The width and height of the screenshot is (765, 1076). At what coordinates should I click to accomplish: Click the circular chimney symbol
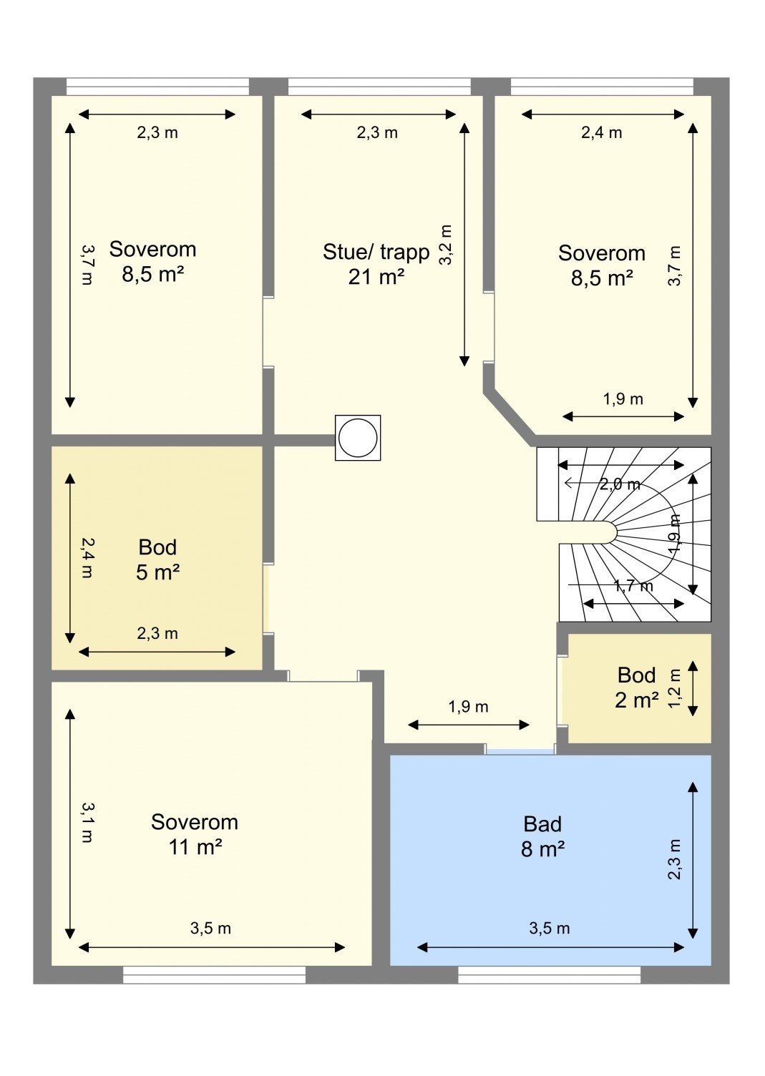tap(358, 438)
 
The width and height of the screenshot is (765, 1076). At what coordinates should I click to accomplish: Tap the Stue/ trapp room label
tap(376, 264)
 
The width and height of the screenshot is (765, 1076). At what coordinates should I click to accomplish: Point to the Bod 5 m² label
tap(157, 559)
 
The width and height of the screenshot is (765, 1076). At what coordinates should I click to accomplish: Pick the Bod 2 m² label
tap(636, 688)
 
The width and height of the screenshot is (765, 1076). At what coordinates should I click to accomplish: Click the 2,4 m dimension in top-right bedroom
tap(602, 132)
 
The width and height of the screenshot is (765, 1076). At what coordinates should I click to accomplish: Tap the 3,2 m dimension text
tap(445, 245)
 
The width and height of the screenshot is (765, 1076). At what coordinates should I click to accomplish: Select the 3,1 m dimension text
tap(87, 822)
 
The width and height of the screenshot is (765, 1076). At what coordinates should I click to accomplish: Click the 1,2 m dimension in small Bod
tap(675, 689)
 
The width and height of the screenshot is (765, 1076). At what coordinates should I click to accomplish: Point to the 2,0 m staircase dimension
tap(620, 484)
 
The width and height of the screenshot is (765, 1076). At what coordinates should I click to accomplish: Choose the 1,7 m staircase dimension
tap(633, 585)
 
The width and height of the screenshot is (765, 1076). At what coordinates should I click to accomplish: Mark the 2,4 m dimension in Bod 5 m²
tap(87, 557)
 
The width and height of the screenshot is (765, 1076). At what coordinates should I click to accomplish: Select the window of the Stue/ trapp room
tap(379, 87)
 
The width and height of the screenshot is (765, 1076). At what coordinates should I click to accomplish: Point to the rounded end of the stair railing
tap(610, 532)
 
